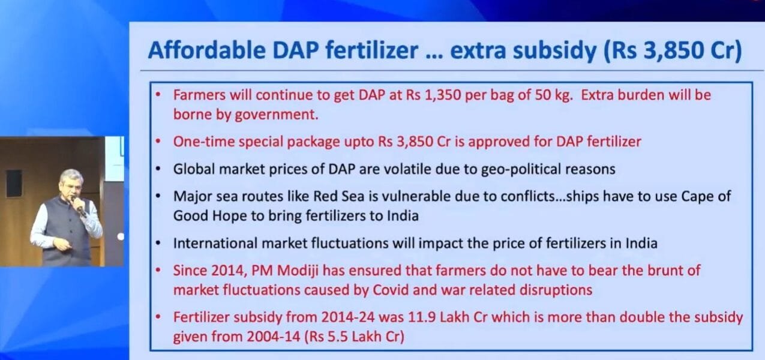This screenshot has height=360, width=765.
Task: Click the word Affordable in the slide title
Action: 206,50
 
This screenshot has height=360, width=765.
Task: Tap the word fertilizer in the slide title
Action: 371,50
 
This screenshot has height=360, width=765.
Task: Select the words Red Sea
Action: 339,196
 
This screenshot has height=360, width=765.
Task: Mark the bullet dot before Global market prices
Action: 158,169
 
